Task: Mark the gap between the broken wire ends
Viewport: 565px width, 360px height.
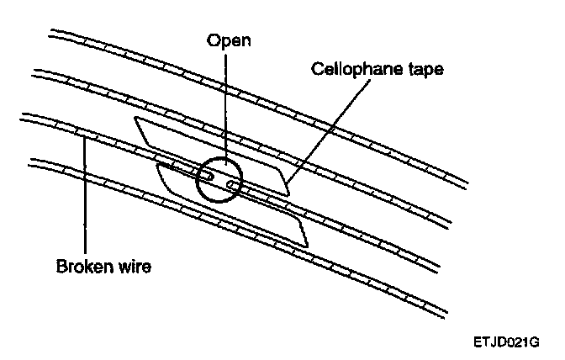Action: pyautogui.click(x=219, y=180)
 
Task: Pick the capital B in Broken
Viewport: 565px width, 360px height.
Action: pyautogui.click(x=61, y=268)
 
